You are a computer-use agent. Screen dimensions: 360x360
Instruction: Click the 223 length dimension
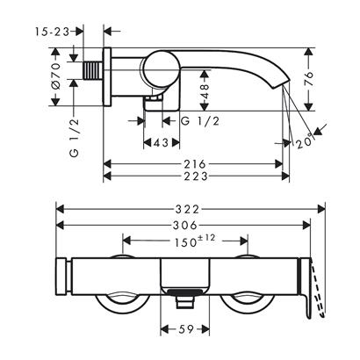coord(195,177)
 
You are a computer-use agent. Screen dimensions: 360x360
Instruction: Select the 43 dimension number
coord(160,142)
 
